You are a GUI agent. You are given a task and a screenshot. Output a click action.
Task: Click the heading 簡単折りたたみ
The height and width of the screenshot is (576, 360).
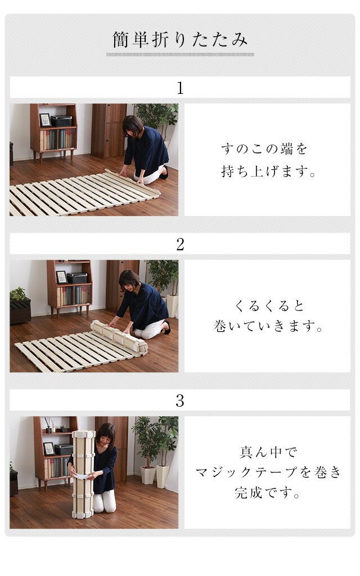point(180,40)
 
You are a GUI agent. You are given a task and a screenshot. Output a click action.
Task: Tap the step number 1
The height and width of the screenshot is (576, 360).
point(180,88)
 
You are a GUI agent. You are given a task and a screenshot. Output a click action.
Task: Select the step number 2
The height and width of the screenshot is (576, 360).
point(180,244)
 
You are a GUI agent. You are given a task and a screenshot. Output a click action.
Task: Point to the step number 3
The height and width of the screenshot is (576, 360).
point(180,400)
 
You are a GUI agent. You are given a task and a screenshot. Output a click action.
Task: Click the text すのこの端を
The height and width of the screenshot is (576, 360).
point(264,148)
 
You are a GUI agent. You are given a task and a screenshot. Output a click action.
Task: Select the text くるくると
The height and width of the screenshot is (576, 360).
point(269,305)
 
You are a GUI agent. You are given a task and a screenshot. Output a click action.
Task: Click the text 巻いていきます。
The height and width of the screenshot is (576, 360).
point(268,326)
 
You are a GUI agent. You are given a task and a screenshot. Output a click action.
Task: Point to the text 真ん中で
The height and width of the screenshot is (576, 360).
point(268,452)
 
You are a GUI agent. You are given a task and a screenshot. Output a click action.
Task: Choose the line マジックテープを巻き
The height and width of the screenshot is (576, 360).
point(268,472)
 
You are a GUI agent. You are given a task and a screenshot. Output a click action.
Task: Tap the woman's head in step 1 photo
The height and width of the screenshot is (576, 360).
point(133,125)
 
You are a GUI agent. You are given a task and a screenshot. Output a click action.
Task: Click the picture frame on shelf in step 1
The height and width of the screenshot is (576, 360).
point(45,120)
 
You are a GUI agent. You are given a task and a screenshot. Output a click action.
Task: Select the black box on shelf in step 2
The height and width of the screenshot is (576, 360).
point(77,278)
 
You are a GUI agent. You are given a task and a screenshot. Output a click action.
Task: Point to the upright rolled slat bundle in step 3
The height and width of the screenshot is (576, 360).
point(84,474)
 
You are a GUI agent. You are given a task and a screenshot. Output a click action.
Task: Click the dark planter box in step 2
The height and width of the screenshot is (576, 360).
point(20,310)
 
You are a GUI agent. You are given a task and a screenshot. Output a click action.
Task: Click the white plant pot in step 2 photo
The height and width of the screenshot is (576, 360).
point(172,305)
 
